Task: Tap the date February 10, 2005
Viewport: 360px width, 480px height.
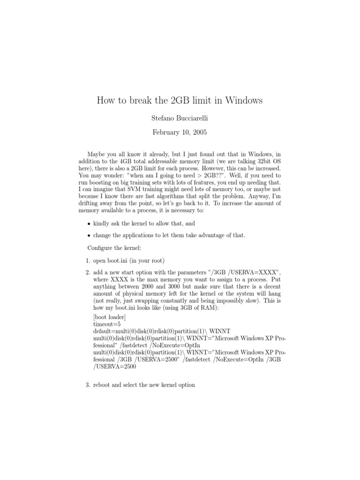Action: click(x=180, y=133)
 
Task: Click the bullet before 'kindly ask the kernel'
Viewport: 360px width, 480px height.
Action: click(x=89, y=224)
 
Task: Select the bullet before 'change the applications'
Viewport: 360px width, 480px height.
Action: click(x=89, y=235)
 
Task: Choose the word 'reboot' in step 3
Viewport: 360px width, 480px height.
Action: click(x=102, y=385)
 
